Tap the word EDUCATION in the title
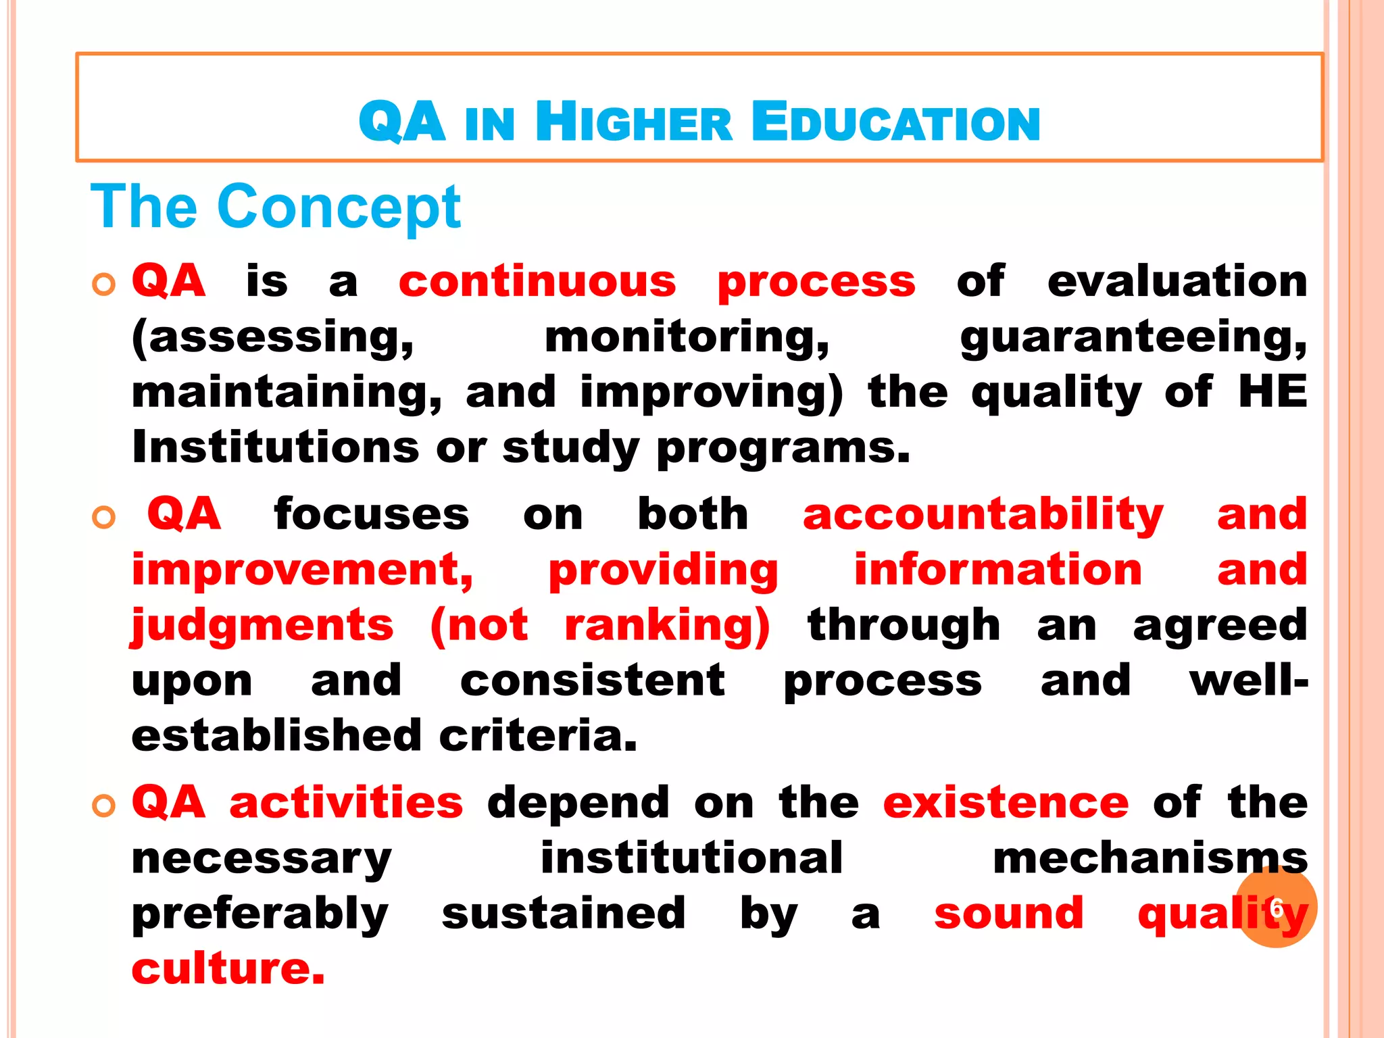point(895,123)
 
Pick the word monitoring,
point(687,337)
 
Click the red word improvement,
point(303,570)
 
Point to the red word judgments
point(262,626)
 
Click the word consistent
point(593,681)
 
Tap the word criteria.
point(538,737)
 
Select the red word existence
point(1006,803)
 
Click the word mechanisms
point(1150,859)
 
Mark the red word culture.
point(228,969)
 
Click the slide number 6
point(1276,908)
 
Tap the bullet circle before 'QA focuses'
point(104,518)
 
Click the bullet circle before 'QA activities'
point(104,806)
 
